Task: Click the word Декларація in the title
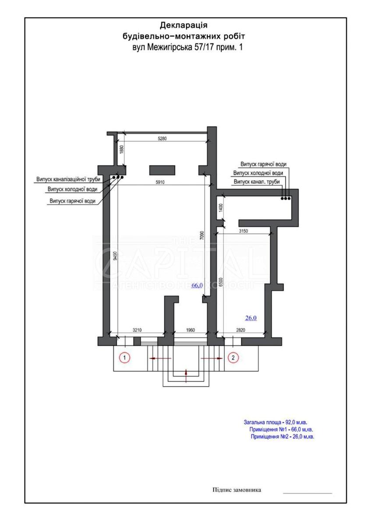(x=184, y=25)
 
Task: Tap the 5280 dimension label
(x=162, y=139)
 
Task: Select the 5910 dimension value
(x=160, y=182)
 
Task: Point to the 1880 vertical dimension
(x=121, y=149)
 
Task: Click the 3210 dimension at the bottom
(x=137, y=330)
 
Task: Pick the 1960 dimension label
(x=190, y=330)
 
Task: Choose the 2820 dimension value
(x=241, y=330)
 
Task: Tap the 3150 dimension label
(x=244, y=231)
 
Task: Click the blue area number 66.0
(x=197, y=285)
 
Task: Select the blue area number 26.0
(x=251, y=318)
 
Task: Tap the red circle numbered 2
(x=233, y=358)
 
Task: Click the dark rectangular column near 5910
(x=162, y=170)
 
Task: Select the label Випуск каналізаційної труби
(x=68, y=179)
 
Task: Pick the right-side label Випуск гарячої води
(x=263, y=164)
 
